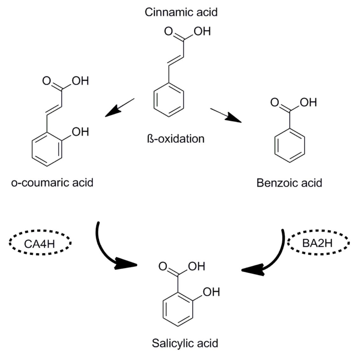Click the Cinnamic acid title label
pyautogui.click(x=181, y=12)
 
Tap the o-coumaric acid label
pyautogui.click(x=52, y=183)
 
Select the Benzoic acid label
pyautogui.click(x=289, y=183)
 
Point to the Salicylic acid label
pyautogui.click(x=185, y=343)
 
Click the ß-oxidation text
pyautogui.click(x=176, y=139)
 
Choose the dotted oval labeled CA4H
pyautogui.click(x=40, y=244)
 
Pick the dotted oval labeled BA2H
pyautogui.click(x=318, y=243)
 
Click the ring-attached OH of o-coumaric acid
pyautogui.click(x=80, y=132)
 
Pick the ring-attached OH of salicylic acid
pyautogui.click(x=211, y=292)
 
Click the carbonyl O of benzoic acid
pyautogui.click(x=275, y=102)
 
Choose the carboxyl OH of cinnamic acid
pyautogui.click(x=202, y=31)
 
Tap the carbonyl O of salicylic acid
pyautogui.click(x=163, y=266)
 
